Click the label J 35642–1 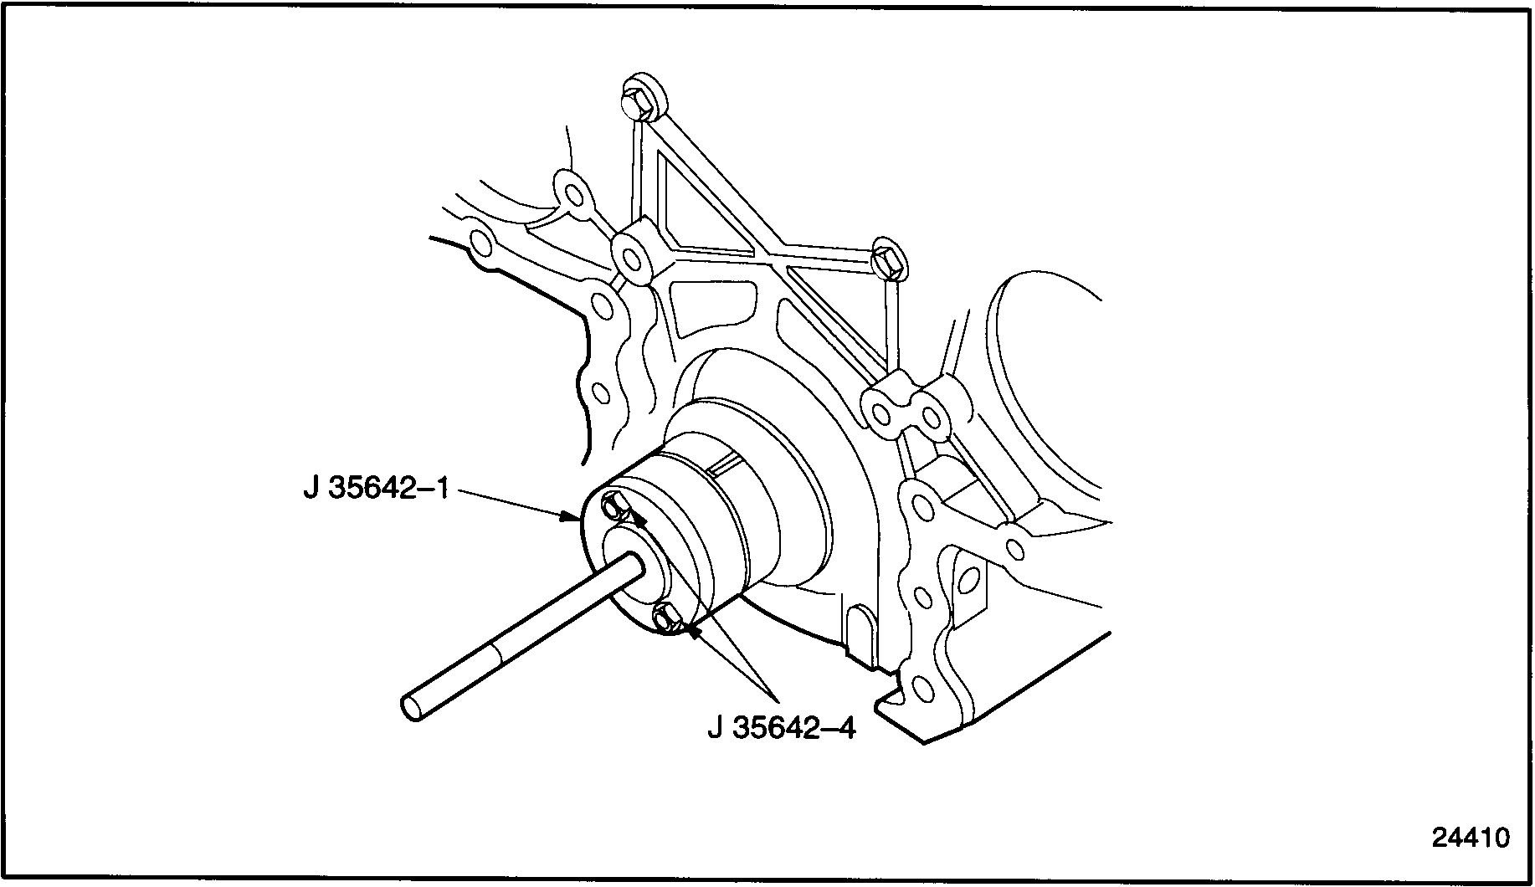click(x=377, y=488)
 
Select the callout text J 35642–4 click(x=782, y=727)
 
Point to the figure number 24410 click(x=1470, y=838)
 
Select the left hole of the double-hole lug click(x=880, y=413)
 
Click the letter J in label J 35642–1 click(x=311, y=488)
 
